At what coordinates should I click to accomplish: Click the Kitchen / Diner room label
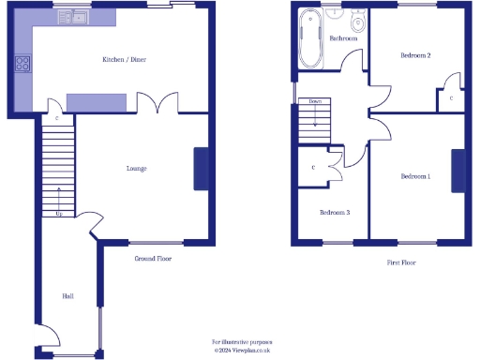pos(125,60)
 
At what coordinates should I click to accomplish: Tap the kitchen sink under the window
pos(72,17)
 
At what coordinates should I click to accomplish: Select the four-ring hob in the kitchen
pos(23,64)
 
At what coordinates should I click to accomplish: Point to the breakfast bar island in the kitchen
pos(96,102)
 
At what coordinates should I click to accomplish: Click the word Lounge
pos(136,169)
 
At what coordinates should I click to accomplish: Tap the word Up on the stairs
pos(61,214)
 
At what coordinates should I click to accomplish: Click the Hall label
pos(67,296)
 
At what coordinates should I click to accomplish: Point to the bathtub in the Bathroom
pos(309,40)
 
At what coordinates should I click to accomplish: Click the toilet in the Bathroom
pos(357,24)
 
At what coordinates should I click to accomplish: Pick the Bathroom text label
pos(344,38)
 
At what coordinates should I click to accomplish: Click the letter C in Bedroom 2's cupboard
pos(451,97)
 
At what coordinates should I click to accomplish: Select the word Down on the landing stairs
pos(315,101)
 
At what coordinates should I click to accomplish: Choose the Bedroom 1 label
pos(415,176)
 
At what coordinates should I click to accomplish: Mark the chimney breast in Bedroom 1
pos(457,172)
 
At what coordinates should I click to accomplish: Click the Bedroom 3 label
pos(335,213)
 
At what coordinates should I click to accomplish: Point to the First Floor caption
pos(401,262)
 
